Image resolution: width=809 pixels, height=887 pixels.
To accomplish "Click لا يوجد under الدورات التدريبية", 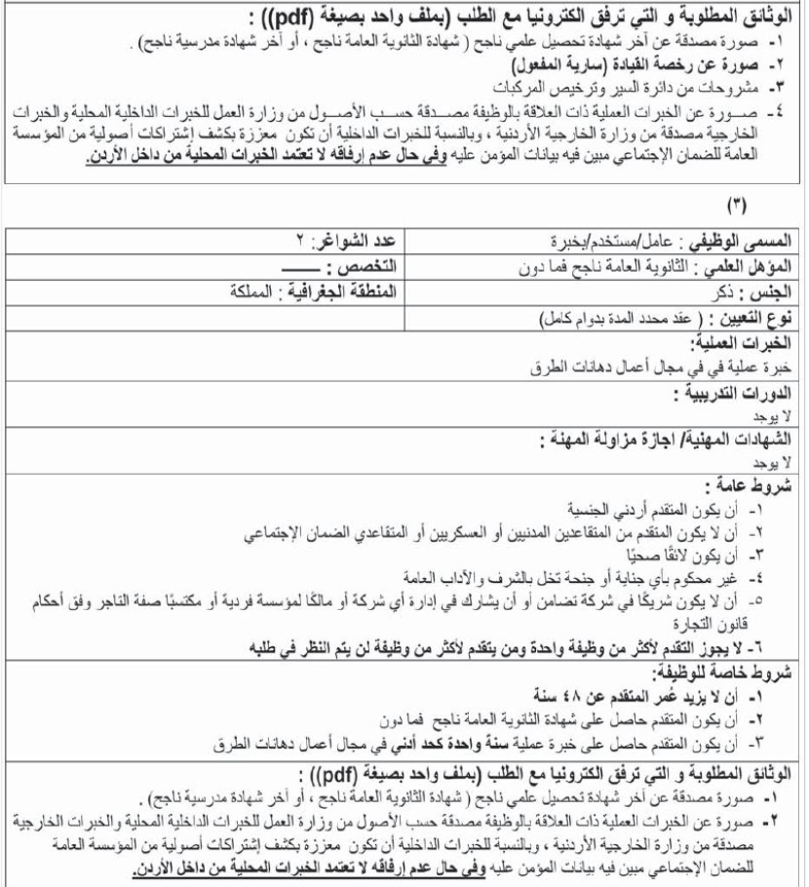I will pos(780,414).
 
